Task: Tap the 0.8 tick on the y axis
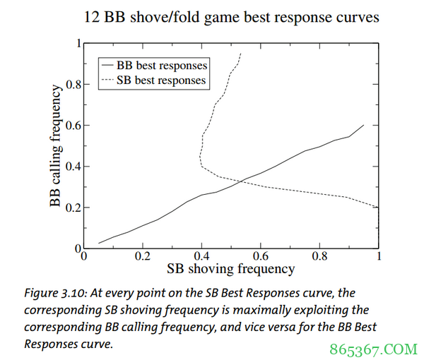[x=73, y=84]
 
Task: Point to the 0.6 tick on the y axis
[x=73, y=126]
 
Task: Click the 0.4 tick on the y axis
[x=73, y=167]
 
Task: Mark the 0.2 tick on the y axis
[x=73, y=208]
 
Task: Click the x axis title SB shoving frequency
[x=230, y=269]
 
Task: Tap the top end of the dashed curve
[x=241, y=53]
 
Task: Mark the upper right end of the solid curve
[x=363, y=125]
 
